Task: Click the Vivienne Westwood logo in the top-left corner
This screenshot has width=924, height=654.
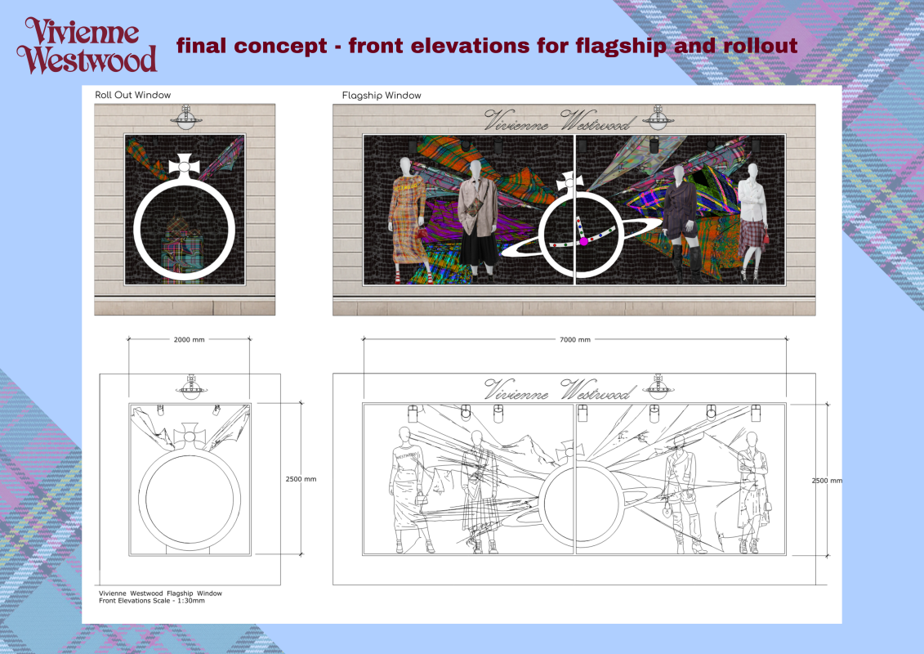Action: click(87, 46)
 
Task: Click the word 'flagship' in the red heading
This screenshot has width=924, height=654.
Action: click(621, 46)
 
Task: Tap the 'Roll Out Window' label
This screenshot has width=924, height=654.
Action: click(132, 95)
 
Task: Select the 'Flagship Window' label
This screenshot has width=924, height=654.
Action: click(382, 96)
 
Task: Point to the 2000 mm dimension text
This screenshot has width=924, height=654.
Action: click(190, 340)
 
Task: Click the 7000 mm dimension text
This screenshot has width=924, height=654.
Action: click(574, 340)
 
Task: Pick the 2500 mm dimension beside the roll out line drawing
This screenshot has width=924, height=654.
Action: click(301, 479)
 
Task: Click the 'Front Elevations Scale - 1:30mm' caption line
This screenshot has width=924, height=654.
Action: click(152, 601)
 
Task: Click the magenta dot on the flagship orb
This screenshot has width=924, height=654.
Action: click(583, 241)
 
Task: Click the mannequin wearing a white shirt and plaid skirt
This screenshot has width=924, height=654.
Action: click(752, 222)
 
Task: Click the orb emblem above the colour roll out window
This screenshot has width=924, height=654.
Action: click(186, 118)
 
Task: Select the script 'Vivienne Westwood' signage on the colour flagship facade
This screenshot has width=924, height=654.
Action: click(557, 121)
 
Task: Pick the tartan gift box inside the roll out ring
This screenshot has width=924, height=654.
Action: click(183, 247)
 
